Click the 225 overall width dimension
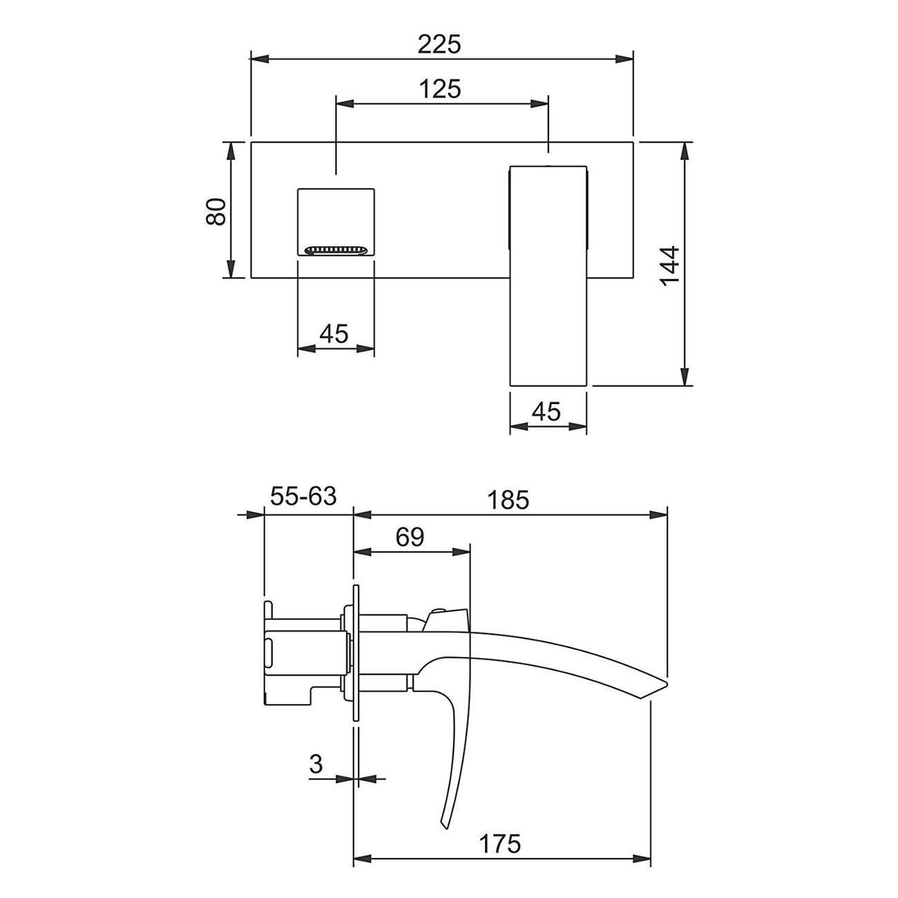tap(439, 45)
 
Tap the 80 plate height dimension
tap(216, 211)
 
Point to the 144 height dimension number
tap(670, 267)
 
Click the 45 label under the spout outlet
tap(334, 334)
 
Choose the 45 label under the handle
tap(546, 412)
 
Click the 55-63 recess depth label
tap(303, 496)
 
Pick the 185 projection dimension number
tap(508, 501)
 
